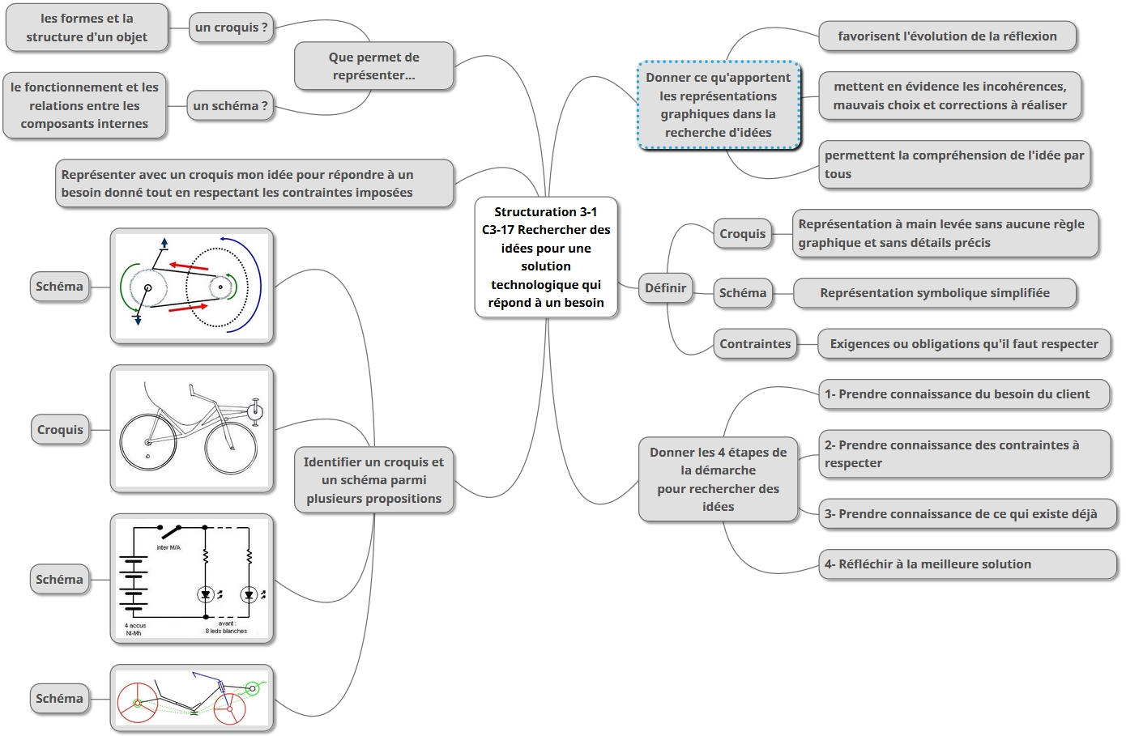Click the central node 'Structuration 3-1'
point(546,257)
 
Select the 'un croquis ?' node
point(231,28)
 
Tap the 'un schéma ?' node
point(230,106)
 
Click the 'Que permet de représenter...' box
point(373,66)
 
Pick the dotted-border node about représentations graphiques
point(718,105)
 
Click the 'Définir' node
point(665,288)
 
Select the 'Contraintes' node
point(755,344)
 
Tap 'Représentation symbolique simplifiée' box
point(935,293)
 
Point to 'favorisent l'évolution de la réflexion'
point(947,36)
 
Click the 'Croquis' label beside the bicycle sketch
point(60,430)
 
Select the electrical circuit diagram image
point(192,579)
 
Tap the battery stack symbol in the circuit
point(133,580)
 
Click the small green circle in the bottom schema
point(252,689)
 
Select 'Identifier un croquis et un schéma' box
point(373,480)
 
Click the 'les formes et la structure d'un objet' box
point(87,28)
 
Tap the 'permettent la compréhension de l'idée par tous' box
point(954,164)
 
